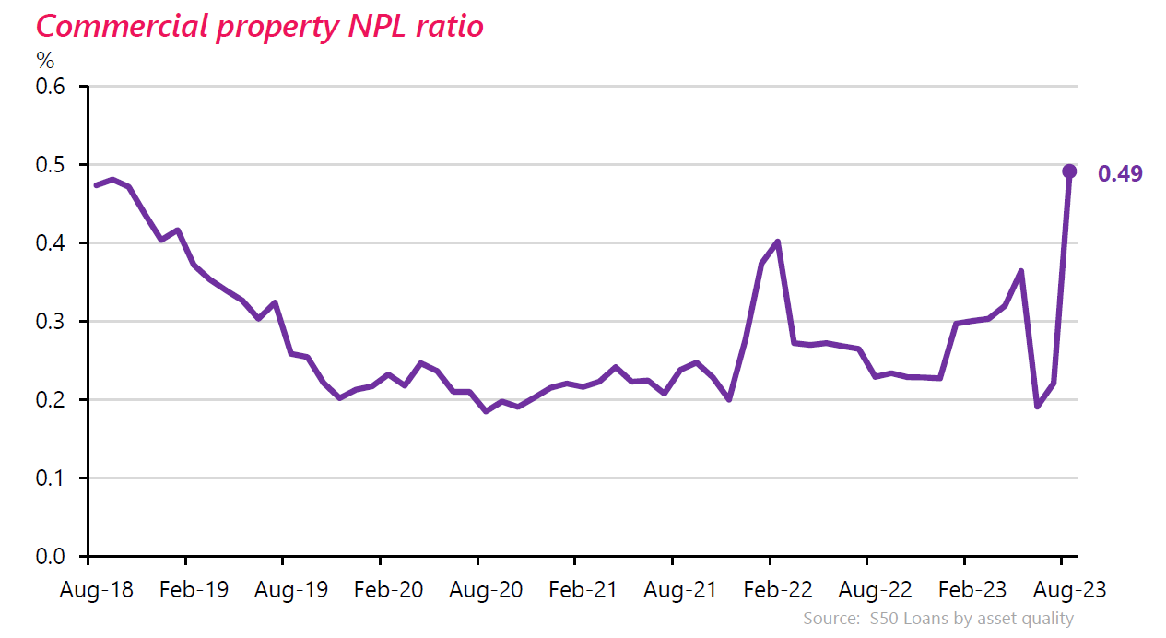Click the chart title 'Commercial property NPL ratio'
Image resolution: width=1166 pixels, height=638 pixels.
click(259, 26)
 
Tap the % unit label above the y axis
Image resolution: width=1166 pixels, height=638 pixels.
click(45, 62)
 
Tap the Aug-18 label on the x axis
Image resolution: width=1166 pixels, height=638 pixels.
click(96, 590)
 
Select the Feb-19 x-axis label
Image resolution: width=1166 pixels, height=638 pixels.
click(194, 590)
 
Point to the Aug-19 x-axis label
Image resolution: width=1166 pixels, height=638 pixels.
click(291, 590)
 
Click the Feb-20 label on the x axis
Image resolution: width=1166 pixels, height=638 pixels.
click(388, 590)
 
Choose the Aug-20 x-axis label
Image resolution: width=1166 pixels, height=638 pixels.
click(486, 590)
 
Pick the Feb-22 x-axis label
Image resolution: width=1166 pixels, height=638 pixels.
click(778, 590)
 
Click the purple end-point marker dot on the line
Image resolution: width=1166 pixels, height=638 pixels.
click(1069, 171)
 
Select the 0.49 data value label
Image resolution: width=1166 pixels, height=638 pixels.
click(1120, 173)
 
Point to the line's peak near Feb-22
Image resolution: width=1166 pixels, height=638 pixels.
click(778, 242)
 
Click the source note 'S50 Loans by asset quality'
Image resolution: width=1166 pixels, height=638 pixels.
click(937, 619)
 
